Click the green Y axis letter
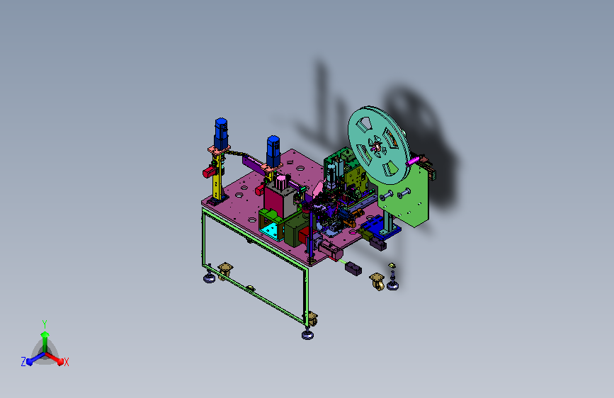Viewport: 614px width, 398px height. tap(45, 324)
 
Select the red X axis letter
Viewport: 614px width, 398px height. tap(66, 362)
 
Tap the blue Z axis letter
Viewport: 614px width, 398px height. tap(23, 362)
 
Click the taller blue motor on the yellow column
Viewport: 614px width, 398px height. tap(221, 133)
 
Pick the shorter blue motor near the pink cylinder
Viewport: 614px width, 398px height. tap(273, 151)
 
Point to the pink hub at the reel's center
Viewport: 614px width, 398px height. tap(377, 147)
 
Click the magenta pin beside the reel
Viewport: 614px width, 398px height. tap(412, 161)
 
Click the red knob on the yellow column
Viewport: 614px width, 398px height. tap(209, 171)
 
